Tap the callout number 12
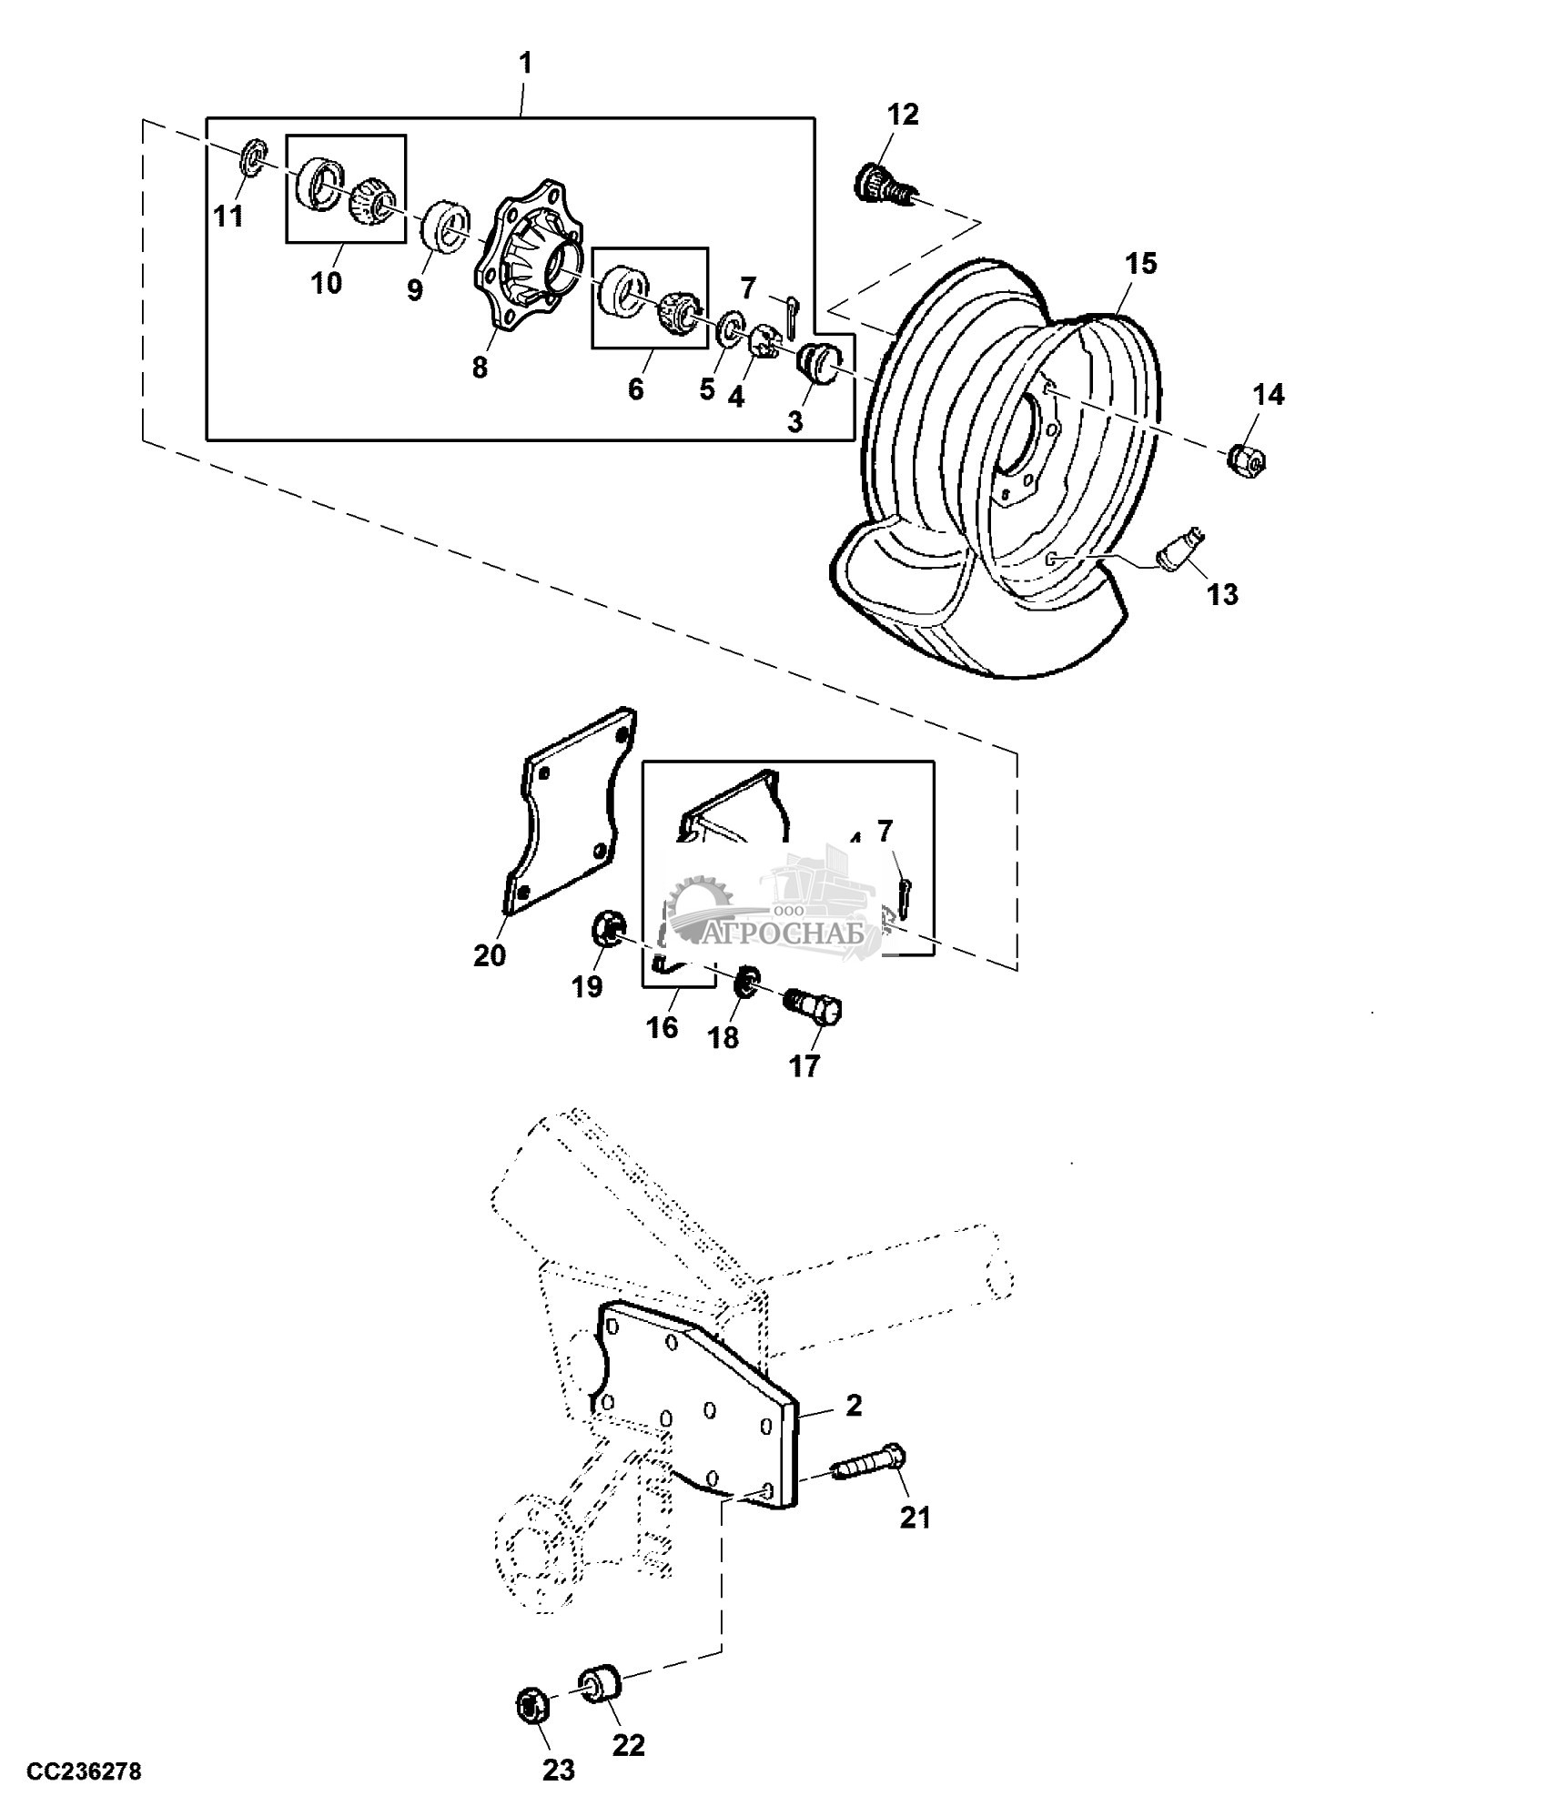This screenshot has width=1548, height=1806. pos(904,115)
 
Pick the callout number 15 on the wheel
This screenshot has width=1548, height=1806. pos(1140,264)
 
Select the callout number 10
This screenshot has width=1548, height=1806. pos(327,283)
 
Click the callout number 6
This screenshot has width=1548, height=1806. pos(635,388)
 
